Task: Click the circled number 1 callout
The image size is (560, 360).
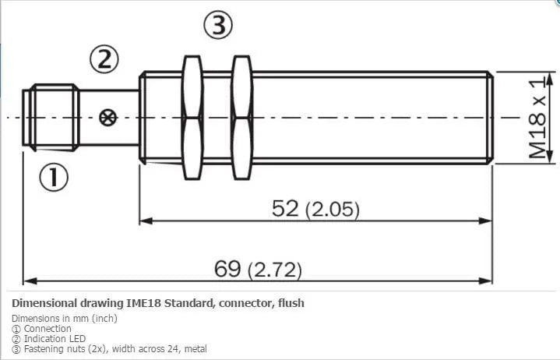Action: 54,177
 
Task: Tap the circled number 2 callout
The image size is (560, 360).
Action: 104,59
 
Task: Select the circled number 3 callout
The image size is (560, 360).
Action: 218,25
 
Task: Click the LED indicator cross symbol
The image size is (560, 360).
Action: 107,118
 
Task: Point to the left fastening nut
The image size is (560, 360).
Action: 192,118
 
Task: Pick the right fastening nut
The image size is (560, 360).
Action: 241,118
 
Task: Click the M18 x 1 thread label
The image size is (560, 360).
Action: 537,118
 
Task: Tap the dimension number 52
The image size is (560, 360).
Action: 284,208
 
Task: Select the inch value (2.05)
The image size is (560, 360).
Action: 332,210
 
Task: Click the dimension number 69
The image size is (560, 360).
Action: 227,269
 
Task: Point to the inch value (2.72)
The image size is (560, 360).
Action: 275,270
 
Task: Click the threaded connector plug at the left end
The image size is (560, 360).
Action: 51,118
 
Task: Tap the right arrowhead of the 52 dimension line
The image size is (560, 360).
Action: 485,221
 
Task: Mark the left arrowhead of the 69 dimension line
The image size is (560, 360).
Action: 30,281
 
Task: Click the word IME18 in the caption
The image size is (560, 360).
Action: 144,303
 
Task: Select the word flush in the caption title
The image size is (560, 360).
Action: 291,303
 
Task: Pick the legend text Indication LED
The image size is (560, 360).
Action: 55,338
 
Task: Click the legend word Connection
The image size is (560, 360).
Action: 48,329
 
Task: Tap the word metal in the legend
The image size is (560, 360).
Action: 195,348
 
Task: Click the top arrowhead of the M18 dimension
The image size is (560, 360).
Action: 550,79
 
